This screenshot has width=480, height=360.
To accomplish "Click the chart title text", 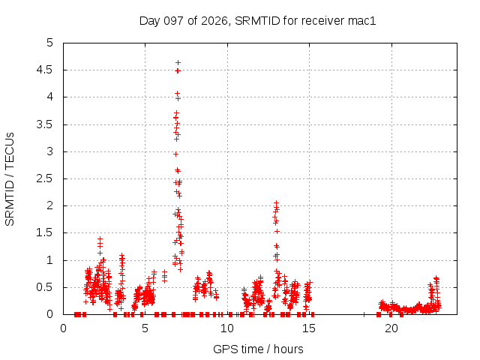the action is click(257, 21).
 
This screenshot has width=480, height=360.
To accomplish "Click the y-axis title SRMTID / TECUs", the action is click(10, 179).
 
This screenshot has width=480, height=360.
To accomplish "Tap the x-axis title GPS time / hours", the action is click(258, 349).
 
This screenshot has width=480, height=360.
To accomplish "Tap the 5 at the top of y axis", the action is click(50, 43).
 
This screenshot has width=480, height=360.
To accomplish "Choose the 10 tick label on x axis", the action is click(227, 328).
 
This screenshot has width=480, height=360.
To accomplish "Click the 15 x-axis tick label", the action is click(309, 328).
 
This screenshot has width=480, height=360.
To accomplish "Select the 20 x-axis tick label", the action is click(391, 328).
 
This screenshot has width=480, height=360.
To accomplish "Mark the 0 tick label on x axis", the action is click(63, 328).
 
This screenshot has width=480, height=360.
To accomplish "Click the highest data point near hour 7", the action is click(178, 63).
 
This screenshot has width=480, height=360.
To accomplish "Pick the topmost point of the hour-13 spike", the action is click(276, 202).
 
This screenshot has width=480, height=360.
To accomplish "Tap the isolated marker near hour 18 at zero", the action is click(364, 314).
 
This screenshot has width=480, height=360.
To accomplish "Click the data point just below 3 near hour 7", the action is click(175, 154).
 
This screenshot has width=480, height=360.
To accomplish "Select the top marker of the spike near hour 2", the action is click(100, 238).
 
